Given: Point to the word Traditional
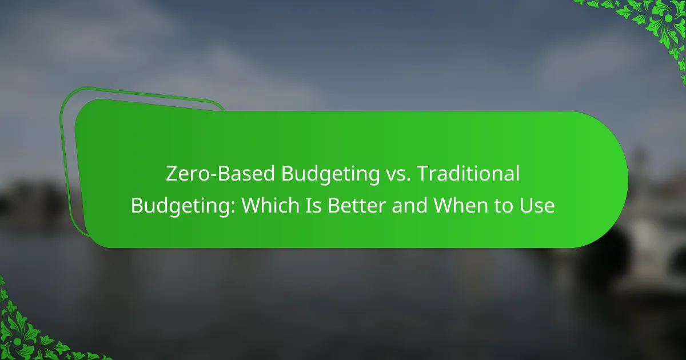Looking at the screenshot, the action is [x=469, y=173].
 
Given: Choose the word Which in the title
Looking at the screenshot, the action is [x=270, y=205].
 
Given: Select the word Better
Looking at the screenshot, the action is [x=357, y=205].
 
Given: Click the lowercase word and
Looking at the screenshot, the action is [x=409, y=205].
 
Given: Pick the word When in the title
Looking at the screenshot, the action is [x=460, y=205].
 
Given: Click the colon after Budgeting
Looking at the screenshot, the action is [x=233, y=207].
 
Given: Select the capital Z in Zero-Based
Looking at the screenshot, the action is [x=171, y=174].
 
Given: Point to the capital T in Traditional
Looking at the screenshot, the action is [x=424, y=174].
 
